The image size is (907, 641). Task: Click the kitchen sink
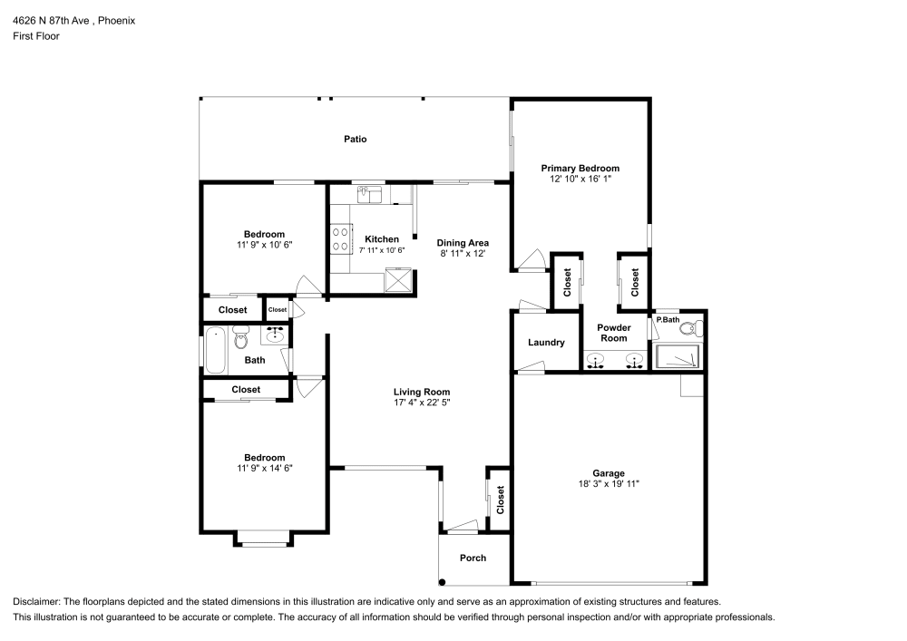(x=368, y=192)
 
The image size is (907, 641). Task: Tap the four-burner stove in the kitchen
(x=341, y=239)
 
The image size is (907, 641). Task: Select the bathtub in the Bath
(x=215, y=354)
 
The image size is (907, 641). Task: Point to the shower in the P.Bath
(x=678, y=357)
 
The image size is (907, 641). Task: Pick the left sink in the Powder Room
(x=596, y=362)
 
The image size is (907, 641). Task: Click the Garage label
(x=609, y=473)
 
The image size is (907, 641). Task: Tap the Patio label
(x=355, y=139)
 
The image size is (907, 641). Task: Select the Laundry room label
(x=546, y=343)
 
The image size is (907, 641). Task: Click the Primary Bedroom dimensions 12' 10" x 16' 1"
(x=580, y=180)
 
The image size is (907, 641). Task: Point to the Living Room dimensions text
(x=422, y=403)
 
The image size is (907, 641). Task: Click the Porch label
(x=473, y=558)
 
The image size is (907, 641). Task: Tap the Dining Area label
(x=463, y=242)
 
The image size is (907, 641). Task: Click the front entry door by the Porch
(x=459, y=525)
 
